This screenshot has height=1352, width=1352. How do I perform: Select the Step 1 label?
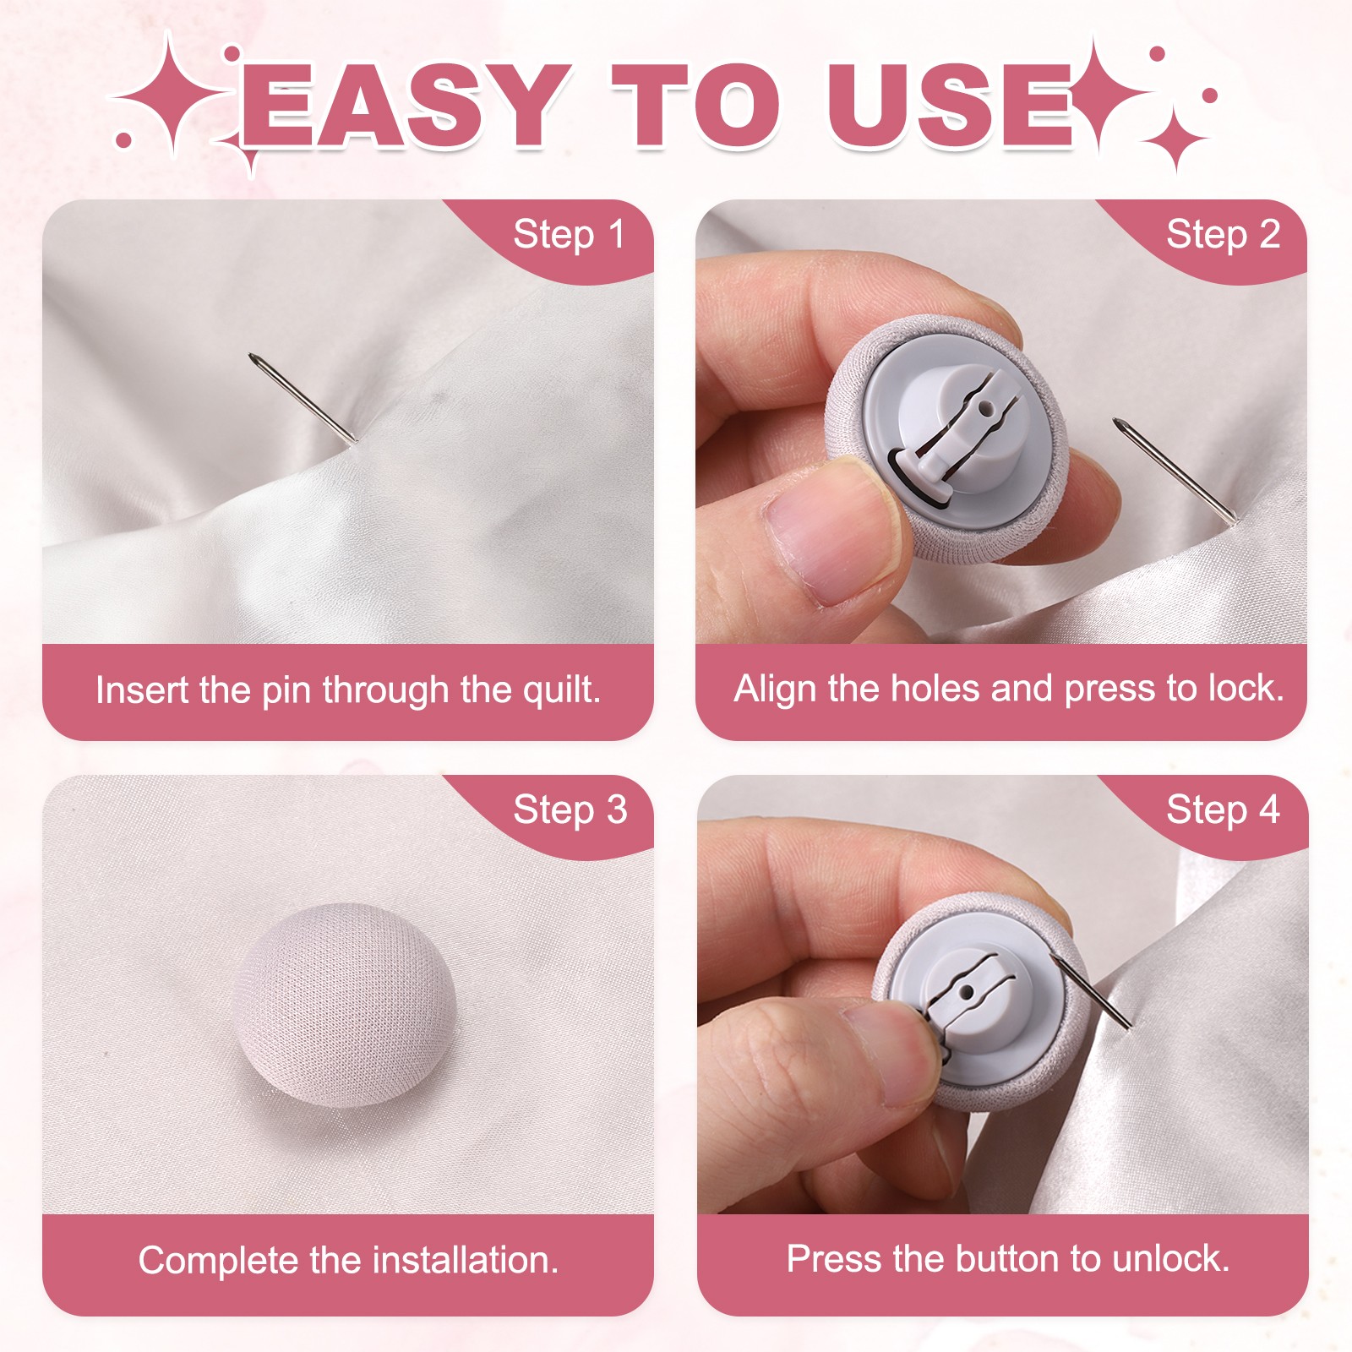tap(570, 235)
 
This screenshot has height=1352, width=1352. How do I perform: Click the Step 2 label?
tap(1223, 235)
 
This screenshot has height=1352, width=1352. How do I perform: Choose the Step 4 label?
tap(1223, 810)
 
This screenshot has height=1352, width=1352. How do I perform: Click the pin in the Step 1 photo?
tap(303, 397)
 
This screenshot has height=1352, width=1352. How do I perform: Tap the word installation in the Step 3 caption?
tap(466, 1260)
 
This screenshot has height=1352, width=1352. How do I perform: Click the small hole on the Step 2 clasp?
tap(985, 408)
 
